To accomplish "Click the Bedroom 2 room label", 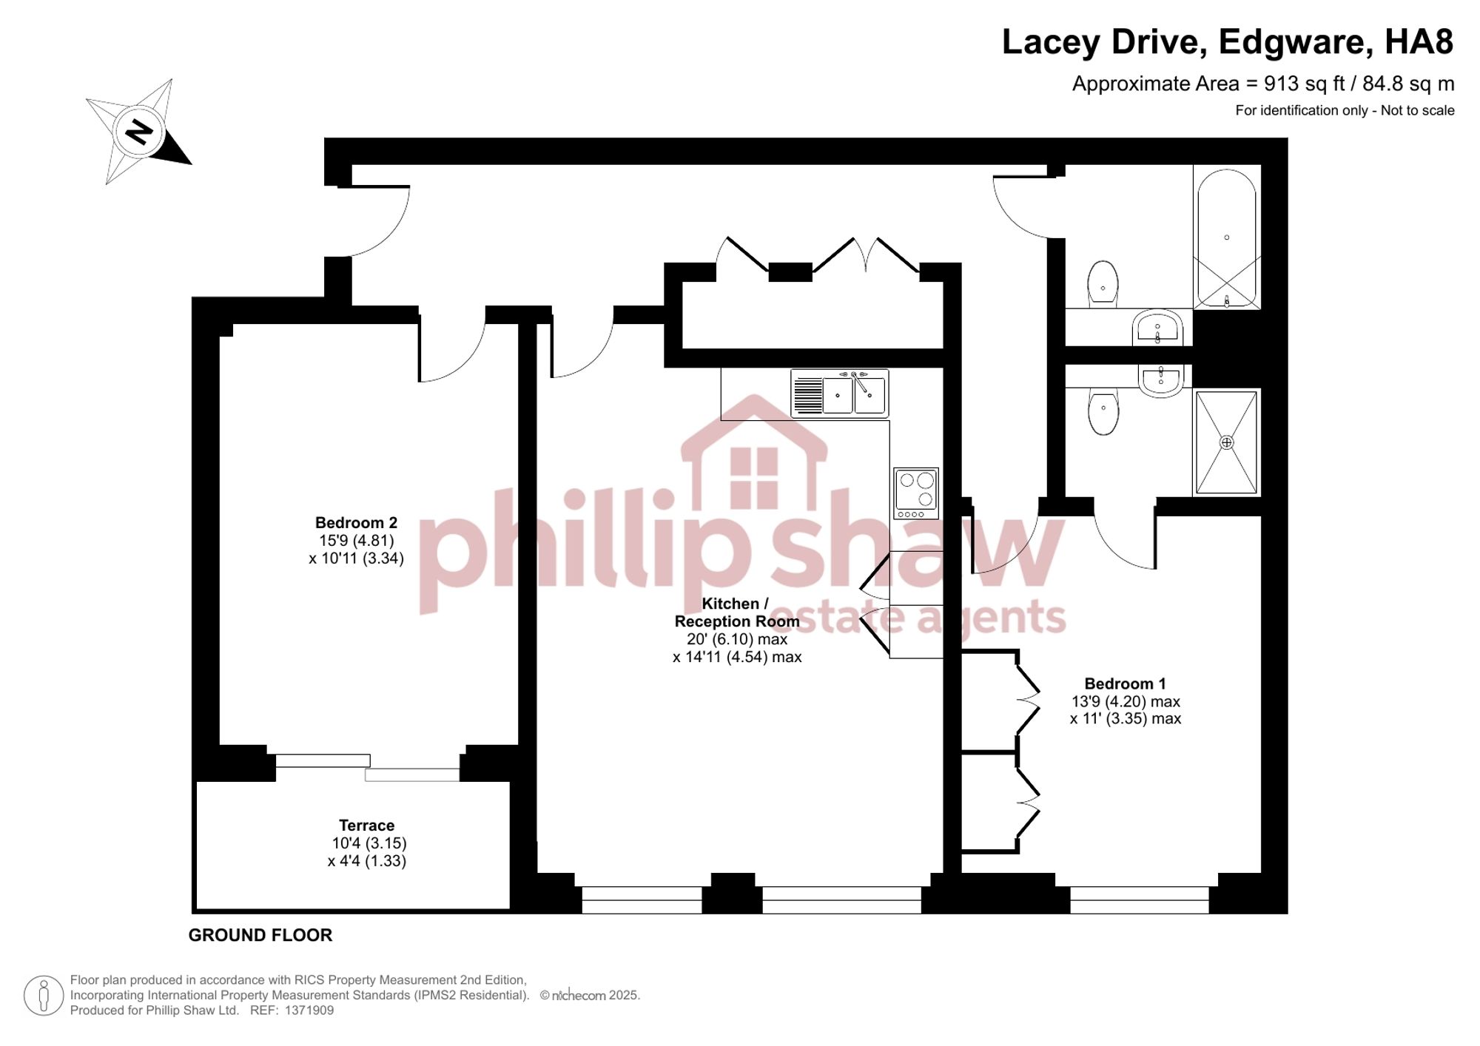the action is tap(356, 523).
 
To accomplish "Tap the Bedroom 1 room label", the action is tap(1125, 684).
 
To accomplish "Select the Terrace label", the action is tap(366, 825).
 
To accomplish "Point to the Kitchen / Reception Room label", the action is tap(736, 613).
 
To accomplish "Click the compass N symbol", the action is tap(138, 132).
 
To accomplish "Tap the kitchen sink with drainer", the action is tap(840, 394).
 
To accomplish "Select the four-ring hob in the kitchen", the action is tap(916, 493).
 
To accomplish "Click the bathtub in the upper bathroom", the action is tap(1227, 237).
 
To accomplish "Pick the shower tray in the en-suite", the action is tap(1227, 442).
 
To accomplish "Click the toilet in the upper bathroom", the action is tap(1103, 283).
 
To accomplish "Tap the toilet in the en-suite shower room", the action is tap(1103, 412).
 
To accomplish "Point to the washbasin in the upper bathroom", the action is tap(1157, 328).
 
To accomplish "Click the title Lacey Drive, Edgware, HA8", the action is tap(1228, 42).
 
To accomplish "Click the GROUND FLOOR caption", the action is tap(260, 935).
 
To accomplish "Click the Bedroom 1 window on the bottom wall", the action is tap(1140, 900).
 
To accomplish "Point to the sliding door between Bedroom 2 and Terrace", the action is tap(368, 768).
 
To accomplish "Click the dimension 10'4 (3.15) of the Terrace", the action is tap(369, 843).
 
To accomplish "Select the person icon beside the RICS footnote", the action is tap(44, 995).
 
